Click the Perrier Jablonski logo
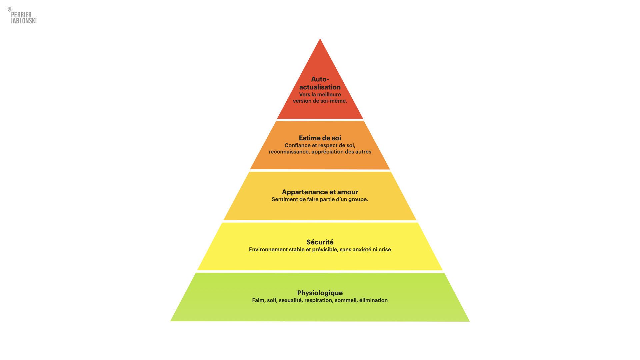22,16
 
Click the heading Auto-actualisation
320,83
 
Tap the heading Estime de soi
320,138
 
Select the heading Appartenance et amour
320,192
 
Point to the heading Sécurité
320,242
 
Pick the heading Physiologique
320,293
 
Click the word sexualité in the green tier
290,300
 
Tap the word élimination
373,300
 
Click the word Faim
258,300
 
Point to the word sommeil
346,300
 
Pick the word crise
385,249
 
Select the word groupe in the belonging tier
358,200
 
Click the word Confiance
297,145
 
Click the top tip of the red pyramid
320,39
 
